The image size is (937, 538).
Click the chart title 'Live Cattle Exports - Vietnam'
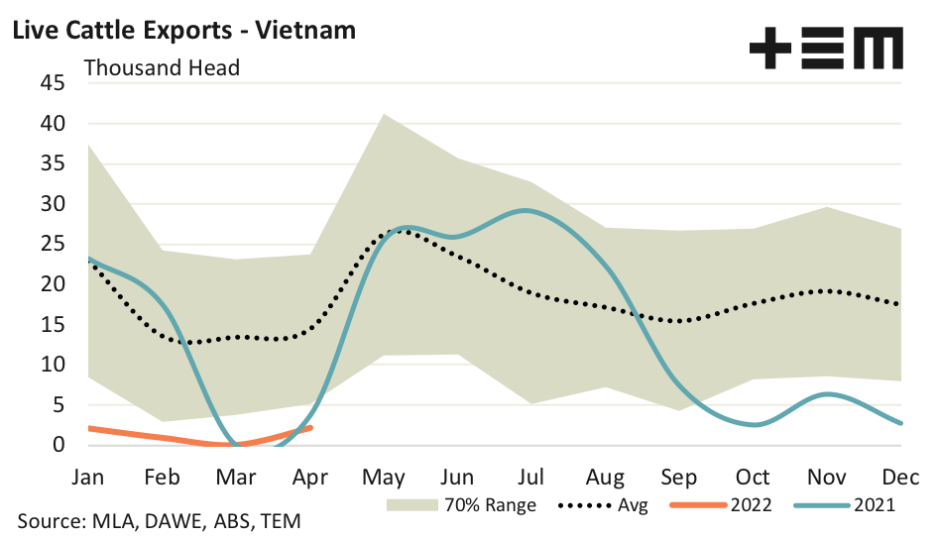(183, 31)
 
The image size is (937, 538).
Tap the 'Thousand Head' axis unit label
(163, 68)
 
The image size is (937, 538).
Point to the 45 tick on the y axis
(53, 84)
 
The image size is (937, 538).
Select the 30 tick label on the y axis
(53, 205)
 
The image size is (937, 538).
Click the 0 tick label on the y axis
(59, 445)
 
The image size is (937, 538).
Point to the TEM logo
(826, 48)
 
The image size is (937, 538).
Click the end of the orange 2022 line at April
(311, 428)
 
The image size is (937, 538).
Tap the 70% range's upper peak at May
(384, 114)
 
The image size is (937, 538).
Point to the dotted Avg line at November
(825, 291)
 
